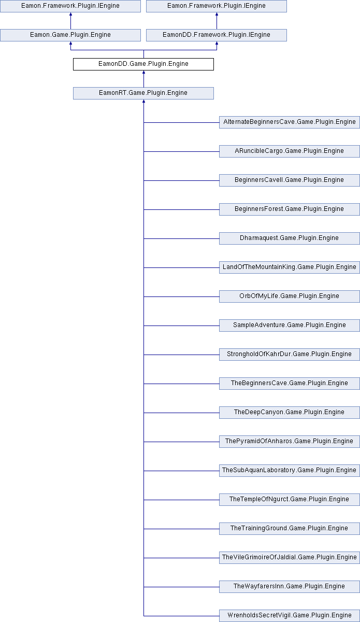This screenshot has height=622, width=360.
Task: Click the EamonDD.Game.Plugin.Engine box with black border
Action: pyautogui.click(x=143, y=64)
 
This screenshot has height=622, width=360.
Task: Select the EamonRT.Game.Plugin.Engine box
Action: pyautogui.click(x=143, y=93)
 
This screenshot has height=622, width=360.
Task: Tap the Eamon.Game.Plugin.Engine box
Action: pyautogui.click(x=70, y=35)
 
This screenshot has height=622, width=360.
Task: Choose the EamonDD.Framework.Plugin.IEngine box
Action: pyautogui.click(x=216, y=35)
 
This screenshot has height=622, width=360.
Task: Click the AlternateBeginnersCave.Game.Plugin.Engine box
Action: pyautogui.click(x=289, y=122)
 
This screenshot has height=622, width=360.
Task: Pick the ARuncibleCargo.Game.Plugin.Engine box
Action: pyautogui.click(x=289, y=151)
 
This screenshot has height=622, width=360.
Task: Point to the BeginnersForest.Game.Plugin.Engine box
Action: pyautogui.click(x=289, y=209)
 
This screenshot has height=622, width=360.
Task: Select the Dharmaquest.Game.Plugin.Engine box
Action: pyautogui.click(x=289, y=238)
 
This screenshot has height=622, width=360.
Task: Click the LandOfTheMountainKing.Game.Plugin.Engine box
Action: pyautogui.click(x=289, y=267)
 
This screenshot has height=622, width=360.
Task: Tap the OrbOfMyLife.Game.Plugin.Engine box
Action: pyautogui.click(x=289, y=296)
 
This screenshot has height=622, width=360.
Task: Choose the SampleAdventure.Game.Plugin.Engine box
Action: pyautogui.click(x=289, y=325)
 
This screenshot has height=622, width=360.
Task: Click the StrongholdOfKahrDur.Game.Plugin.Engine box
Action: pyautogui.click(x=289, y=355)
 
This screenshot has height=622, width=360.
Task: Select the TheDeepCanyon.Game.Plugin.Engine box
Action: pyautogui.click(x=289, y=413)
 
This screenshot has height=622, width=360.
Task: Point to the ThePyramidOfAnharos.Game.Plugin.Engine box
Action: pyautogui.click(x=289, y=441)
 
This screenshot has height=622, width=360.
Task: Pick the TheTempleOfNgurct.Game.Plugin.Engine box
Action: pyautogui.click(x=289, y=499)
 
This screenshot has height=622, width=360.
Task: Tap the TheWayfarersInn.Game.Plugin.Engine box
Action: pyautogui.click(x=289, y=586)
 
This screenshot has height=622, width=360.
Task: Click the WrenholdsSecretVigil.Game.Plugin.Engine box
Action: pyautogui.click(x=289, y=615)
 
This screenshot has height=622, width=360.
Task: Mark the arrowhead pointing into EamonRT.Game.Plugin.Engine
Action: pyautogui.click(x=143, y=101)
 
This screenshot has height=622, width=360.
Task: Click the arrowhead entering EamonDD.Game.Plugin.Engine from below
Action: pyautogui.click(x=143, y=72)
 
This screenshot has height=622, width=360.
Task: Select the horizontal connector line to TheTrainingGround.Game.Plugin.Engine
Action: pyautogui.click(x=181, y=529)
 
